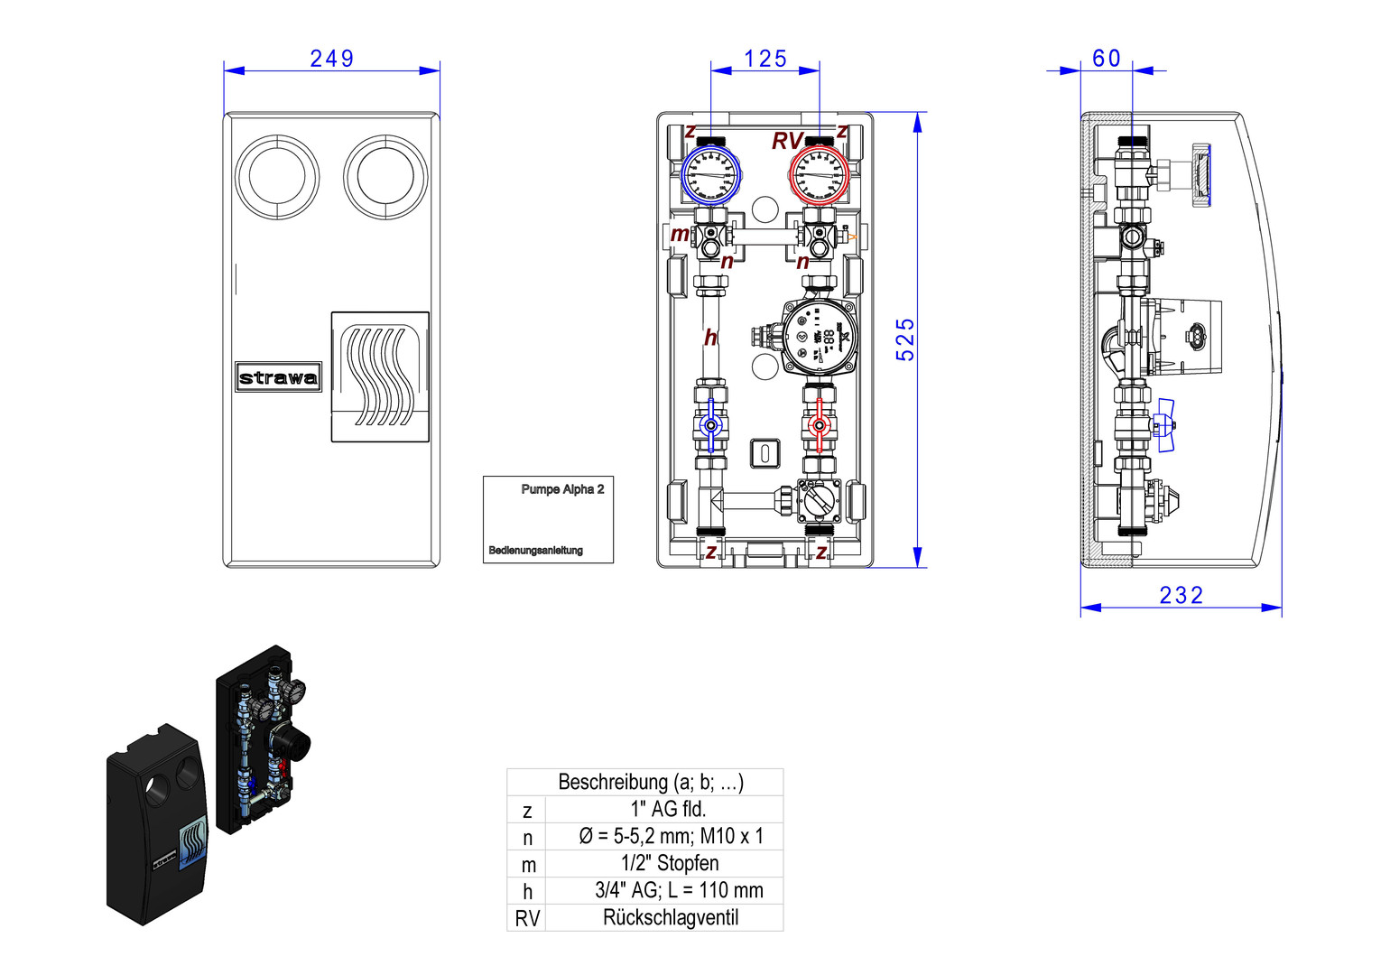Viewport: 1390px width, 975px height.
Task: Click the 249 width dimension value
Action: point(331,59)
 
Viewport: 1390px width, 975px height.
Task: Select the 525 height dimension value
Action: point(905,339)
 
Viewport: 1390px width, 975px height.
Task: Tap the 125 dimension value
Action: point(765,59)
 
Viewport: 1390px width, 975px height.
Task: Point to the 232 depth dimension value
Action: point(1181,595)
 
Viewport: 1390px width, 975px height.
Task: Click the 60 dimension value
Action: point(1106,59)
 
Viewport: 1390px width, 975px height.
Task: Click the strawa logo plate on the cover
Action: point(278,377)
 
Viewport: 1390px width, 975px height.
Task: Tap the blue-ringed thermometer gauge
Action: point(710,175)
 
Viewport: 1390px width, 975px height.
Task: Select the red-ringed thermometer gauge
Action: point(820,175)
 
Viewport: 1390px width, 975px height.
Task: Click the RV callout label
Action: point(786,142)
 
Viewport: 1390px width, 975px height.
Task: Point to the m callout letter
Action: point(680,235)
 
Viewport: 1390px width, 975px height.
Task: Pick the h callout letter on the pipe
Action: point(710,338)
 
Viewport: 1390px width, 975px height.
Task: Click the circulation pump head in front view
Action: point(818,338)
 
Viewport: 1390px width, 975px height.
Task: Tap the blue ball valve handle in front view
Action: point(711,425)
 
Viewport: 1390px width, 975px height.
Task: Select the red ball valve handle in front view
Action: point(819,425)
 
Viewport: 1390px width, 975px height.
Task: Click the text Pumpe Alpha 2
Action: point(562,489)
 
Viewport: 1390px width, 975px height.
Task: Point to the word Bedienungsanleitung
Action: point(535,550)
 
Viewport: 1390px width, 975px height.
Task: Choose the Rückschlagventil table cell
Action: point(670,918)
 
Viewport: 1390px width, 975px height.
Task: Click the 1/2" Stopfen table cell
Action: point(670,863)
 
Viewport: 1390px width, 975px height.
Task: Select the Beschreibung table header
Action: point(650,782)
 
